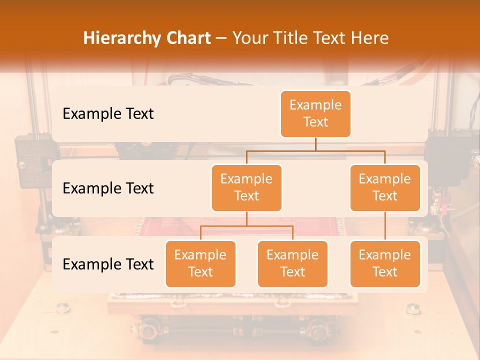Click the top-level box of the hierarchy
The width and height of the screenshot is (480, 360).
coord(315,114)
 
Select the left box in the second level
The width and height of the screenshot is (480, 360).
coord(246,187)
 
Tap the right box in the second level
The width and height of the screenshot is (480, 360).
coord(385,187)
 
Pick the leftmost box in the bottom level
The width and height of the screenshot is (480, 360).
coord(200,263)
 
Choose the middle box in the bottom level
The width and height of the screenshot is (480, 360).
coord(292,263)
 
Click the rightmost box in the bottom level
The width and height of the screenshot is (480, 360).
coord(385,263)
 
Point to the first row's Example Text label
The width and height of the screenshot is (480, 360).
coord(108,114)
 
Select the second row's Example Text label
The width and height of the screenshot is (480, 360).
coord(108,188)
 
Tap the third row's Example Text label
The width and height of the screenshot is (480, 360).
coord(108,264)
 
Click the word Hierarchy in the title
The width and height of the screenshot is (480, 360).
coord(120,38)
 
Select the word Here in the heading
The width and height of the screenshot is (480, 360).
coord(369,38)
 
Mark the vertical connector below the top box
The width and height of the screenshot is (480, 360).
coord(315,144)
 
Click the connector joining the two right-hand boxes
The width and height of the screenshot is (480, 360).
coord(385,225)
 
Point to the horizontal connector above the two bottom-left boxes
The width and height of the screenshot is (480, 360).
coord(246,226)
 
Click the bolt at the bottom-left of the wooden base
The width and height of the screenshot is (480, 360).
coord(62,308)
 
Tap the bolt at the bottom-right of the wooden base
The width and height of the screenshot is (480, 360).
coord(413,308)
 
